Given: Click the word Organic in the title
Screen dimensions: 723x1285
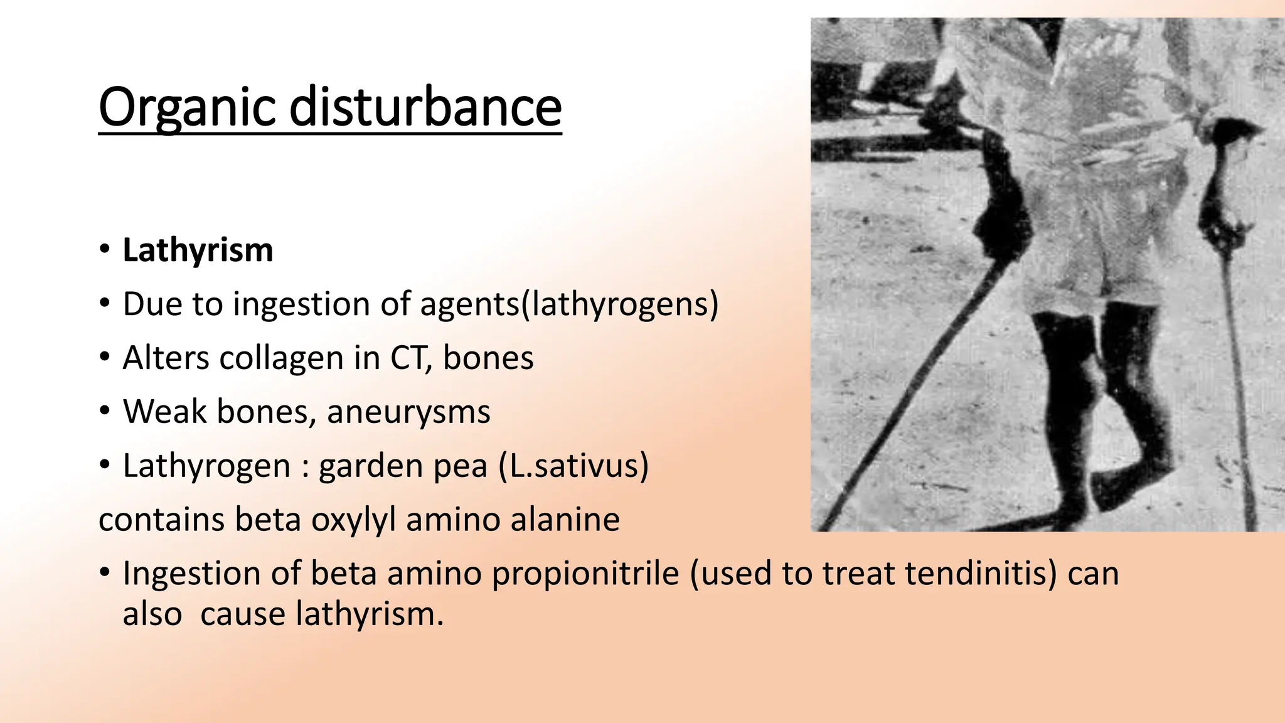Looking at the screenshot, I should (186, 107).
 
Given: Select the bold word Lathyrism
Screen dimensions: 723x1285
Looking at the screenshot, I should (198, 250).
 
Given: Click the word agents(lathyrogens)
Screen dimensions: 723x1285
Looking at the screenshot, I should (569, 304).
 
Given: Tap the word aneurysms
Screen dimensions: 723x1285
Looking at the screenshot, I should (408, 412).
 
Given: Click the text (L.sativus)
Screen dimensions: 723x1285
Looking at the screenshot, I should (573, 466).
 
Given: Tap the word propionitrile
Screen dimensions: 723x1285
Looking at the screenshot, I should (585, 574).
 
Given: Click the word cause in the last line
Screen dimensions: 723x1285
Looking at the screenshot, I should (243, 614).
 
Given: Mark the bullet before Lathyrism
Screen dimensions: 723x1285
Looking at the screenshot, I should (105, 250).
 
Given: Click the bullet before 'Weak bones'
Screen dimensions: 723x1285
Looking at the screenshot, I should (105, 412).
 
